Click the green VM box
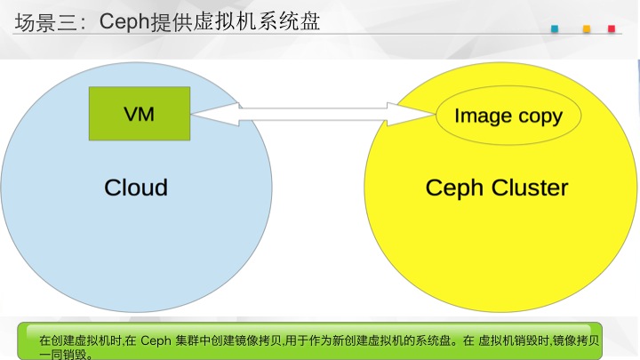tap(140, 114)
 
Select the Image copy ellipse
tap(508, 116)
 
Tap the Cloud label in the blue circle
tap(136, 188)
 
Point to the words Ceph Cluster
tap(497, 188)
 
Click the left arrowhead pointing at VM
tap(215, 115)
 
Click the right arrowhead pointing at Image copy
tap(411, 115)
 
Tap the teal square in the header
tap(555, 28)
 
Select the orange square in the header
tap(587, 28)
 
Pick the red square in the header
tap(612, 28)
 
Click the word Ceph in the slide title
tap(124, 21)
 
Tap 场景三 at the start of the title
tap(45, 22)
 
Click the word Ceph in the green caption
tap(156, 340)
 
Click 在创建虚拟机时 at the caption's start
tap(80, 340)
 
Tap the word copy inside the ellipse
tap(540, 116)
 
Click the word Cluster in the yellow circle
tap(530, 188)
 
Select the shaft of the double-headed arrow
tap(313, 115)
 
